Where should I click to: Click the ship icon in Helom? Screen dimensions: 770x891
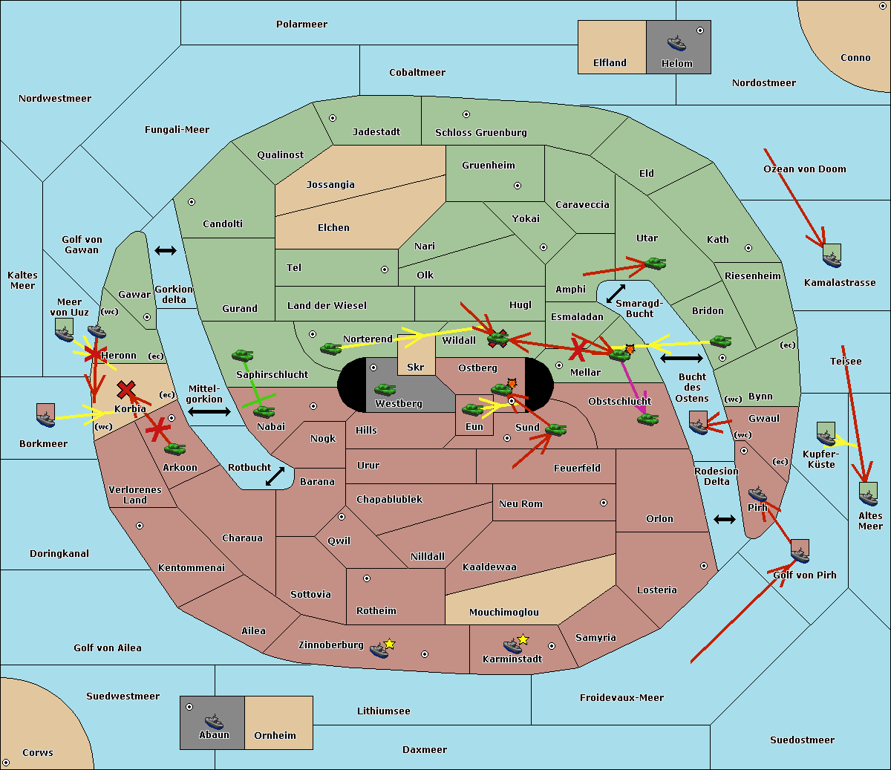coord(676,42)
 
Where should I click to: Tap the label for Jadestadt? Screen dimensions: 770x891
coord(376,131)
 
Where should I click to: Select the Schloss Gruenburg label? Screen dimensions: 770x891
coord(480,132)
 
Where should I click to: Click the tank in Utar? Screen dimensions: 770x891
coord(655,263)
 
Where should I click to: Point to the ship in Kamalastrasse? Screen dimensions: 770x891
coord(832,257)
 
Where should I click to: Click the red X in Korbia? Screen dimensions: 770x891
coord(126,389)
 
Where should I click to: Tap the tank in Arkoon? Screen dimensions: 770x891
coord(175,448)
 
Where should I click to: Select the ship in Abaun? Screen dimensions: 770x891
coord(214,721)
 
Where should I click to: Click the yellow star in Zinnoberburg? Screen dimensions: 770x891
coord(390,643)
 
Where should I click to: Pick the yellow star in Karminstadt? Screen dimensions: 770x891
coord(523,639)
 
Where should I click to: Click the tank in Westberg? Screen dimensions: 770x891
coord(385,389)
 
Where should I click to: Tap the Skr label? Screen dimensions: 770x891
coord(415,367)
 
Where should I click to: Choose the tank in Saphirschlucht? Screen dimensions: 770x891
coord(243,356)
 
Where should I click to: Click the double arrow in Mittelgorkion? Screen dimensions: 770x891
coord(209,411)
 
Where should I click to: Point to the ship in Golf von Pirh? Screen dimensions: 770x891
coord(800,551)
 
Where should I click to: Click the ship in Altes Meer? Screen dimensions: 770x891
coord(868,493)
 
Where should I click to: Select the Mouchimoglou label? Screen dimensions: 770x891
coord(503,612)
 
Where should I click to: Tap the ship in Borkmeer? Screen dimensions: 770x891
coord(46,416)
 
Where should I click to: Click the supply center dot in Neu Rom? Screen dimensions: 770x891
coord(604,503)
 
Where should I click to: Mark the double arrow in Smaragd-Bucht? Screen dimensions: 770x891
coord(616,293)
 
